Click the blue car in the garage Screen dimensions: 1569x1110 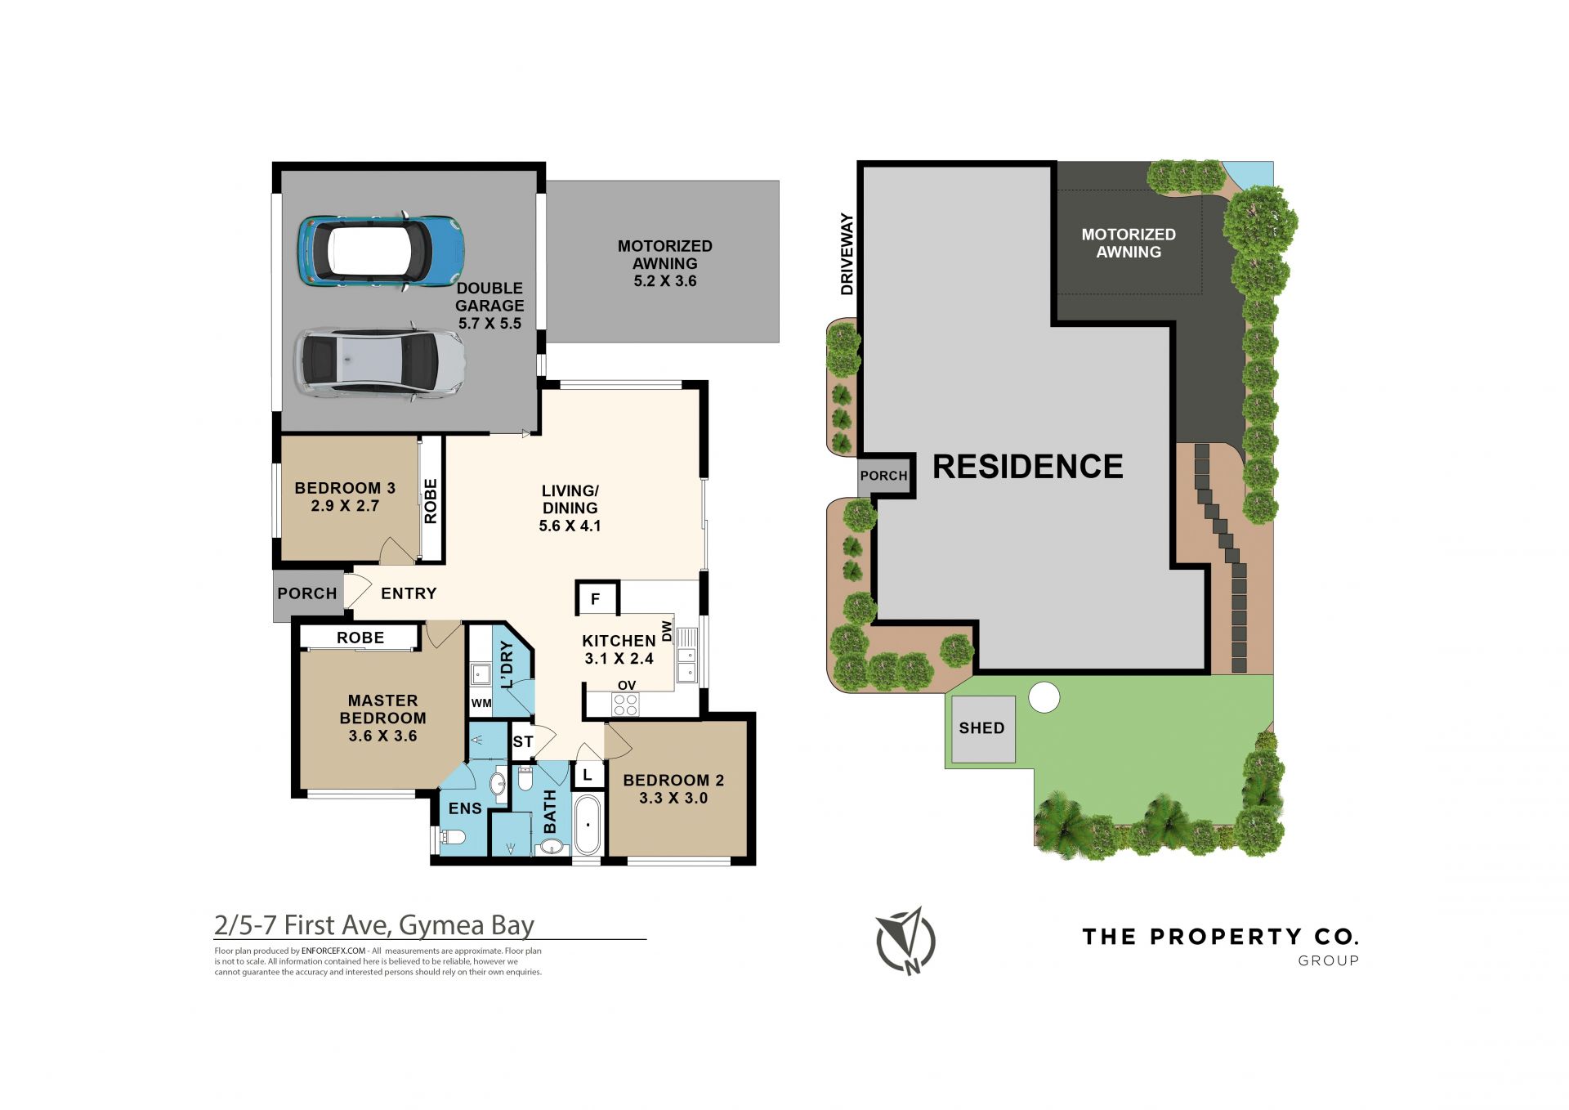pos(381,251)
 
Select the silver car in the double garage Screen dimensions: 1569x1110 pos(380,363)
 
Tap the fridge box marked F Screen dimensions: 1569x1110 pos(597,598)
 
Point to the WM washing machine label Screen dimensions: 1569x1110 pos(481,703)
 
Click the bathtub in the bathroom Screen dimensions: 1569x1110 pos(588,824)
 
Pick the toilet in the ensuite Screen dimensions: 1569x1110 pos(452,836)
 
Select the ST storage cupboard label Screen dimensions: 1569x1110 pos(523,741)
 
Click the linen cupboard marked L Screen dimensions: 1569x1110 pos(587,774)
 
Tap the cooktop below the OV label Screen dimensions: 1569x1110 pos(625,704)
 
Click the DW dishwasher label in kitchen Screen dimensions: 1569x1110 pos(667,631)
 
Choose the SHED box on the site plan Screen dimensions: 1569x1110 pos(982,729)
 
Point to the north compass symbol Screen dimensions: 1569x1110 pos(905,941)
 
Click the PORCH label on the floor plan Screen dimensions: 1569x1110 pos(307,593)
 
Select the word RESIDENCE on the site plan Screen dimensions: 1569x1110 pos(1028,467)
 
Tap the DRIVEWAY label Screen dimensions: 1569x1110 pos(847,254)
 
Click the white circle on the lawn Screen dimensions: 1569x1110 pos(1044,698)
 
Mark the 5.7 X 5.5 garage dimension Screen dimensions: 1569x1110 pos(489,324)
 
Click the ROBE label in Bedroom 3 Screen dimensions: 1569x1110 pos(431,501)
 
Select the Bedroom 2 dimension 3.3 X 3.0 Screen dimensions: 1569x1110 pos(673,798)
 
